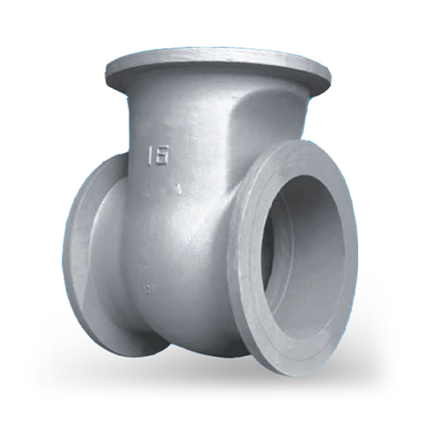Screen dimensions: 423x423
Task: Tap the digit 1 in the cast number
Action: (152, 155)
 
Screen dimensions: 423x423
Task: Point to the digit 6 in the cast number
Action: (164, 154)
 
